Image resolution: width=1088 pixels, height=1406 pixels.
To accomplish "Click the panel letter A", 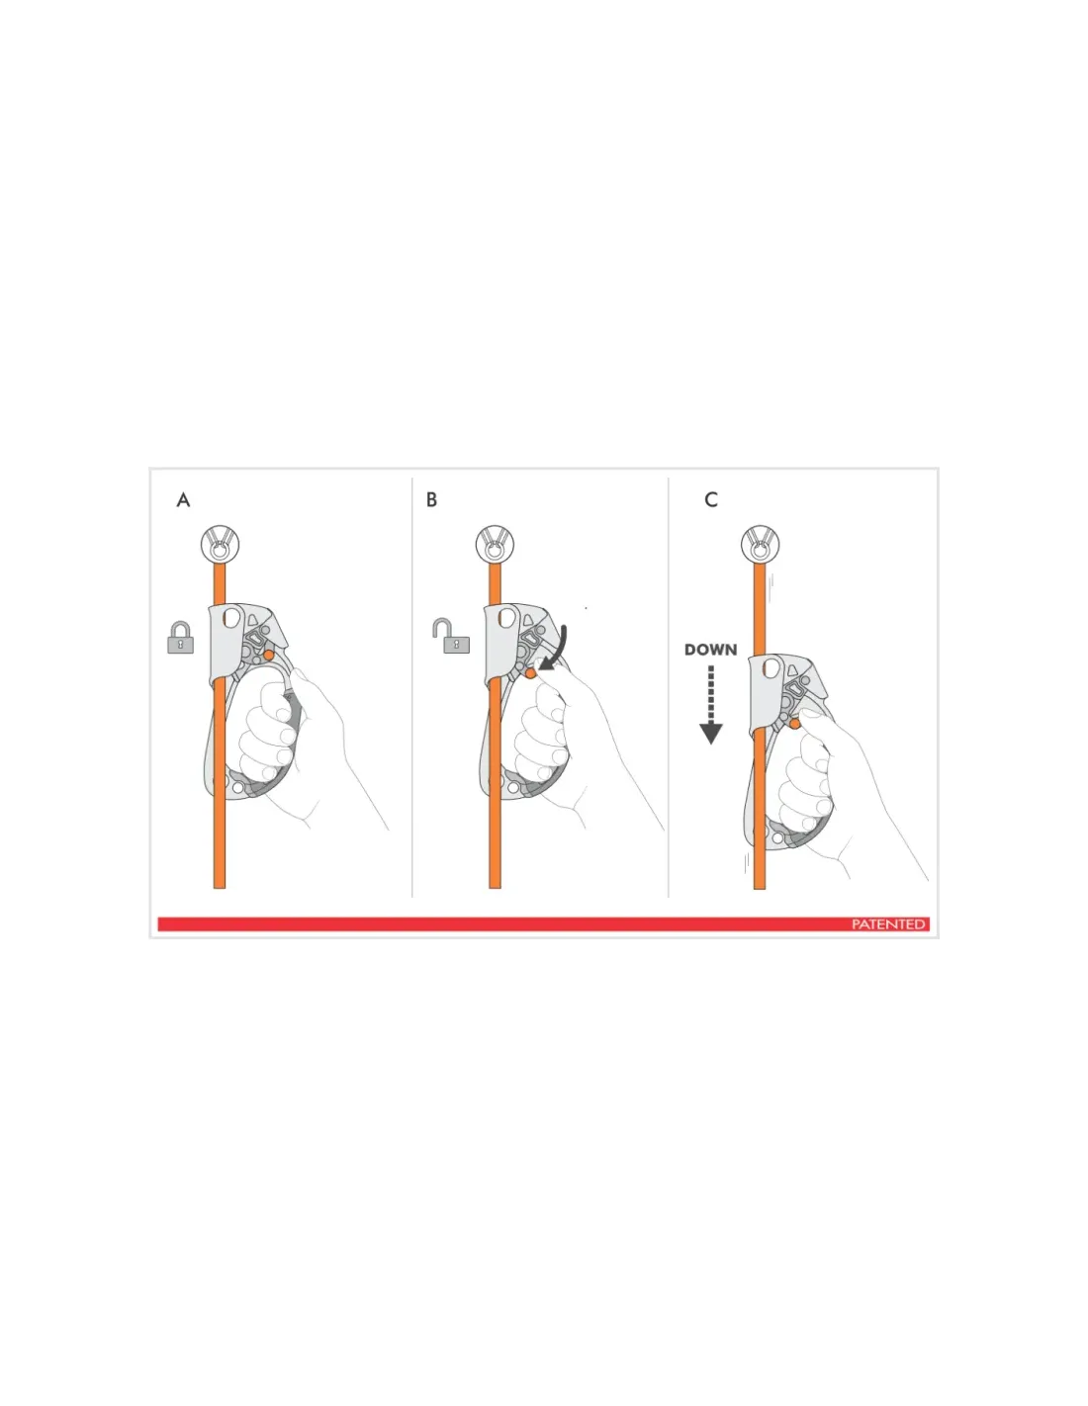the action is click(183, 500).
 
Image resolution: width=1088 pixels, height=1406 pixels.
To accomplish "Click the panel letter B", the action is click(431, 499).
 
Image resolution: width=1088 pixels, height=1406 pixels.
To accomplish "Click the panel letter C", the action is click(711, 499).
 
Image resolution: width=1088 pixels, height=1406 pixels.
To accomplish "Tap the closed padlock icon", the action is click(181, 638).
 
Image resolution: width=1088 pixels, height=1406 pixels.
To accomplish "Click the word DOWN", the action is click(711, 650).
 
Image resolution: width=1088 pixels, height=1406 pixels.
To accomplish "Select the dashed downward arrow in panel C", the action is click(711, 705).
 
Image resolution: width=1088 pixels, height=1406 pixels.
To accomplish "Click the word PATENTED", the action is click(888, 923).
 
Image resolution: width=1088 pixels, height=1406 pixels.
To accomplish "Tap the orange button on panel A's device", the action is click(269, 655).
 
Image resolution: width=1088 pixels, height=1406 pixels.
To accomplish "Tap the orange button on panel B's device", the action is click(531, 673).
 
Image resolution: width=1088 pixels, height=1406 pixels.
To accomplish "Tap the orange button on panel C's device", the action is click(794, 724).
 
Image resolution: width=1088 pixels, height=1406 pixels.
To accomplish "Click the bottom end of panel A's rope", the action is click(220, 888).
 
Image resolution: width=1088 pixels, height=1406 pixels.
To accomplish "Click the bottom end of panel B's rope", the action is click(496, 887).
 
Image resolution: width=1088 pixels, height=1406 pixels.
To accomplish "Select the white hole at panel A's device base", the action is click(238, 787).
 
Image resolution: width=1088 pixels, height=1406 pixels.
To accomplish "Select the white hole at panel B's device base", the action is click(513, 787).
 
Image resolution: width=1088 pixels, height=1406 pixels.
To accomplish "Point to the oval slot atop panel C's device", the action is click(772, 667).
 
